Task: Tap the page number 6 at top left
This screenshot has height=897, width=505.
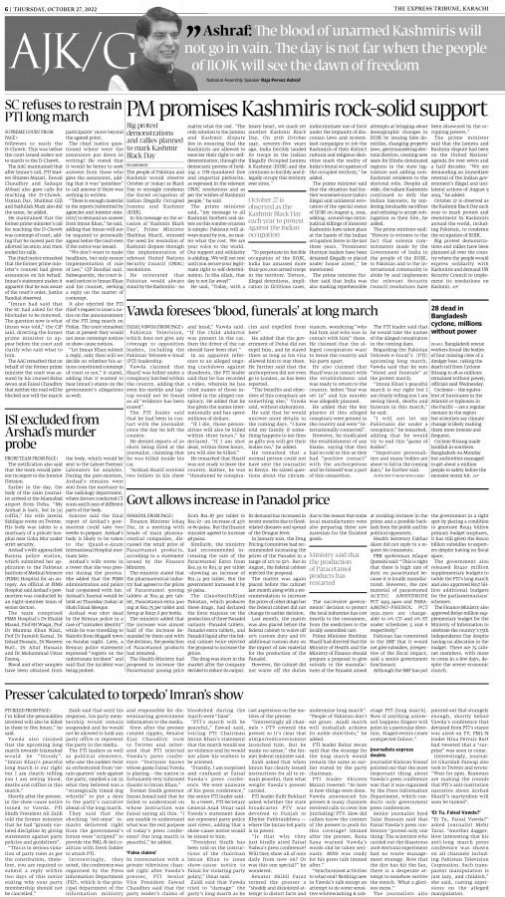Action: [7, 7]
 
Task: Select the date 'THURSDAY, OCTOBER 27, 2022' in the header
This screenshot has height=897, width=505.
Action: [61, 7]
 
